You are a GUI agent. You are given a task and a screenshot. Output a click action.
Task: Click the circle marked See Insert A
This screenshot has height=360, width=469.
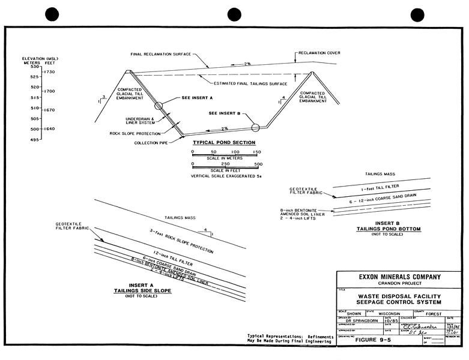click(158, 106)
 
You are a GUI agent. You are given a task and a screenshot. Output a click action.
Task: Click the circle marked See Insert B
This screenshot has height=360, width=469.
click(256, 127)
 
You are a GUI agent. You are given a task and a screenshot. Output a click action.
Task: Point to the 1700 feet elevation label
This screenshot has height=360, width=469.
click(49, 91)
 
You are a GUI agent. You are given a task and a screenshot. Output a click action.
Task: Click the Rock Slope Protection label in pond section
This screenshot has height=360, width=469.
click(136, 133)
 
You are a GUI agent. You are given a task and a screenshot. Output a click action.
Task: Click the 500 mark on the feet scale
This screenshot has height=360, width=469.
click(258, 164)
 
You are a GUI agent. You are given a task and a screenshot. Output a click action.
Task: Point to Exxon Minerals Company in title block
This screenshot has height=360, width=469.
click(399, 277)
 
